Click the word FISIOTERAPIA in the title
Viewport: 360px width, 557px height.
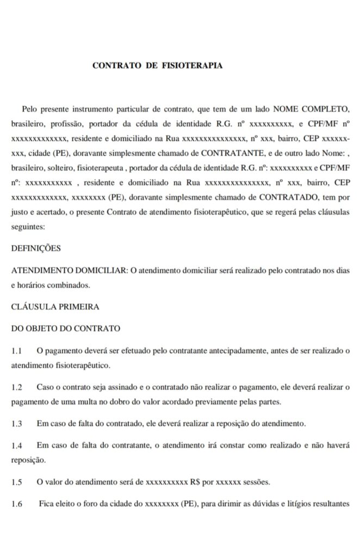(x=192, y=66)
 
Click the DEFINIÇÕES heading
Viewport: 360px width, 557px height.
(x=36, y=248)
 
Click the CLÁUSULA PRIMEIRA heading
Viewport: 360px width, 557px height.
(x=55, y=307)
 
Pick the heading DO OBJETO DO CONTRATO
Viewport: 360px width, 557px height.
(x=66, y=329)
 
